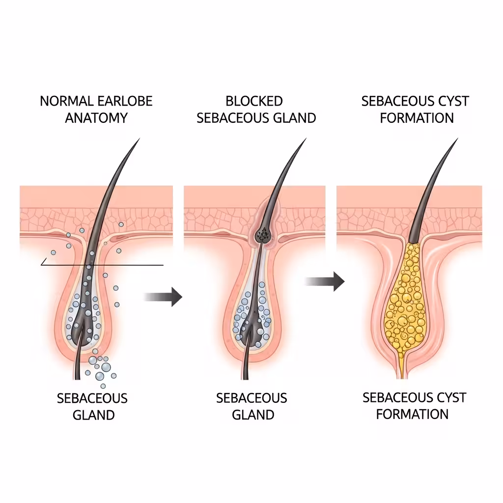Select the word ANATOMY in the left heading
click(96, 118)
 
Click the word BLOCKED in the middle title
click(254, 102)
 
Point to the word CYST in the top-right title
click(452, 102)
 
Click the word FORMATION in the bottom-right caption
click(412, 414)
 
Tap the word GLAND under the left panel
click(93, 415)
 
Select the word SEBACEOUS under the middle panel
click(251, 398)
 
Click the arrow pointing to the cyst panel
click(324, 281)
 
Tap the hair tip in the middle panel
click(305, 140)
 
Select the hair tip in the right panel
click(456, 140)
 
